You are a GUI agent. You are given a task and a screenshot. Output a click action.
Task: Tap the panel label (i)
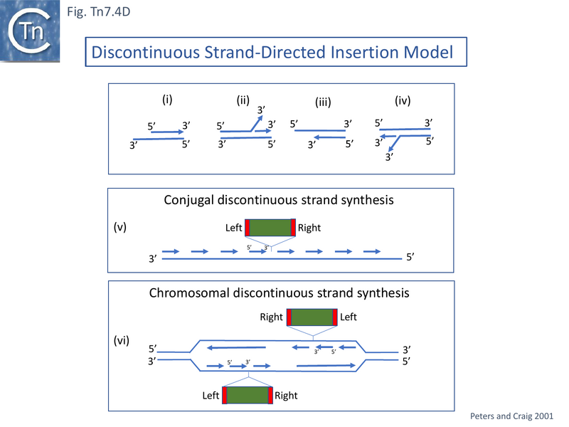[x=167, y=100]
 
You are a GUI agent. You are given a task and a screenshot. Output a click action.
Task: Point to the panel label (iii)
[x=323, y=102]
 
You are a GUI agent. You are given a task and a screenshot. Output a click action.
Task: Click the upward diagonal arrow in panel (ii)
[x=253, y=124]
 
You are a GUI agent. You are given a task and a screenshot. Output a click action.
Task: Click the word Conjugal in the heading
[x=188, y=200]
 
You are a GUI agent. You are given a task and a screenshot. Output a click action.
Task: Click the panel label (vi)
[x=121, y=340]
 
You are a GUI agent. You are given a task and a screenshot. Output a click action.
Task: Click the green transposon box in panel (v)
[x=270, y=228]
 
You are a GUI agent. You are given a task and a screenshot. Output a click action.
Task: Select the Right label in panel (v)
[x=309, y=228]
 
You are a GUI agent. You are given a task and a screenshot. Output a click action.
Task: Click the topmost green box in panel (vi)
[x=312, y=317]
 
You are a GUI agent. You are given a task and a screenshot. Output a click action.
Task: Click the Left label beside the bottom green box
[x=211, y=395]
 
